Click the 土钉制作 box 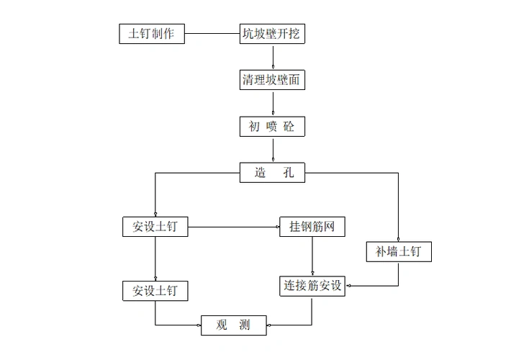tap(152, 33)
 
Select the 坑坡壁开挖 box tap(272, 33)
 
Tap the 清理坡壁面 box tap(272, 80)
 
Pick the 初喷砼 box tap(272, 127)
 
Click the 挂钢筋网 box tap(312, 227)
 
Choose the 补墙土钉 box tap(399, 251)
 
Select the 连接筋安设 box tap(312, 287)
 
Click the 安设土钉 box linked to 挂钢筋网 tap(155, 227)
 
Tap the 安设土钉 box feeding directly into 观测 tap(155, 290)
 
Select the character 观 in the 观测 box tap(222, 325)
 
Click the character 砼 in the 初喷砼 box tap(289, 127)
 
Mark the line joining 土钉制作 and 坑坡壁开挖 tap(212, 33)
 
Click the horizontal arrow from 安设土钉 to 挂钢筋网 tap(234, 227)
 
